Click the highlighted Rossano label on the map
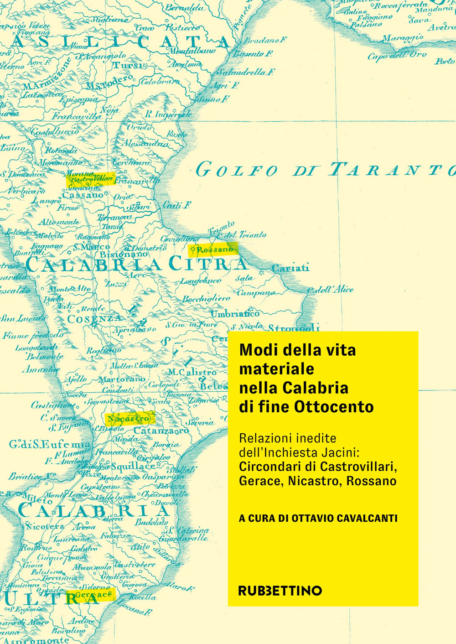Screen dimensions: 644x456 [x=213, y=249]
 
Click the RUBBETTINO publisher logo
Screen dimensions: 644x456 [x=280, y=591]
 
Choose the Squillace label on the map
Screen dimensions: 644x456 [x=133, y=467]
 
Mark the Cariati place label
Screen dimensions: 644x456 [x=290, y=268]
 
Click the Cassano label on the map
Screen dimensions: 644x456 [x=83, y=195]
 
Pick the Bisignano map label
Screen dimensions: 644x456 [x=124, y=254]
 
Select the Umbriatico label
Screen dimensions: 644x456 [x=235, y=314]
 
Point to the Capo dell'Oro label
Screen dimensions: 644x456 [x=397, y=55]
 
